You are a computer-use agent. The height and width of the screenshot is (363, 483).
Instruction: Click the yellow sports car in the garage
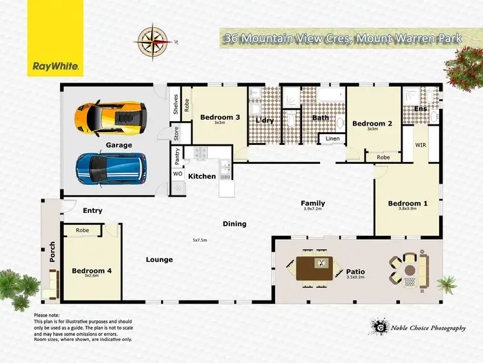[109, 117]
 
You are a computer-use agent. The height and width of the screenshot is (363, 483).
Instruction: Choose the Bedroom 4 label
[91, 271]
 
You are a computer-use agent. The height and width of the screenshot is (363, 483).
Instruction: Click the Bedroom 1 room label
[408, 204]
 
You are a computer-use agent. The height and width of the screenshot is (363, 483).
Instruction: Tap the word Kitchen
[202, 176]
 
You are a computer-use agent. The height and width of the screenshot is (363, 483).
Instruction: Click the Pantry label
[177, 156]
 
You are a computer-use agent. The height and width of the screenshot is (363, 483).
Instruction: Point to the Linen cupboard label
[332, 139]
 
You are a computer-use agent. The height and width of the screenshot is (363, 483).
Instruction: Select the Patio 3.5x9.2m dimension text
[355, 278]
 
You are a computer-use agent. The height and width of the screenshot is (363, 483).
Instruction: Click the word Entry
[92, 210]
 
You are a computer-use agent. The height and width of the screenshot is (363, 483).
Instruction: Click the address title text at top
[342, 39]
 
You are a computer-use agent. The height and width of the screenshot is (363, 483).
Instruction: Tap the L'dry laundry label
[264, 121]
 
